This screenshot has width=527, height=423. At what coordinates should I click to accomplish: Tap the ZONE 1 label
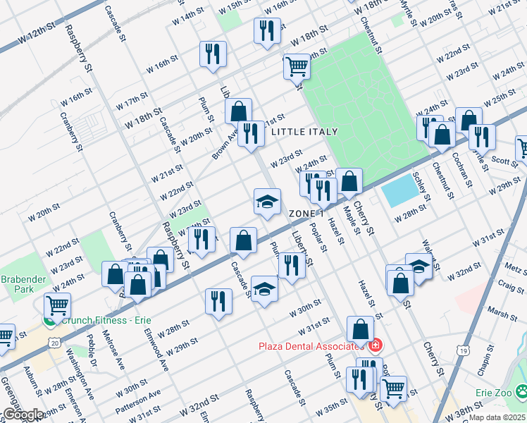click(306, 213)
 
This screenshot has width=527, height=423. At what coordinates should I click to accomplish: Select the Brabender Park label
click(26, 284)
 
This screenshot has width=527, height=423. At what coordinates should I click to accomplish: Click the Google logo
click(23, 415)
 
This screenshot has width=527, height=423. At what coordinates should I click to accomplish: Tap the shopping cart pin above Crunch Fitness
click(57, 306)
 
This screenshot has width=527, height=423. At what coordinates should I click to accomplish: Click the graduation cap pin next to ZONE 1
click(267, 202)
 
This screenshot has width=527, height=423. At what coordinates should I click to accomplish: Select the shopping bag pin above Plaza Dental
click(360, 329)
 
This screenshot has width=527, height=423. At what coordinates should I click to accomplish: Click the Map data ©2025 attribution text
click(497, 417)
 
